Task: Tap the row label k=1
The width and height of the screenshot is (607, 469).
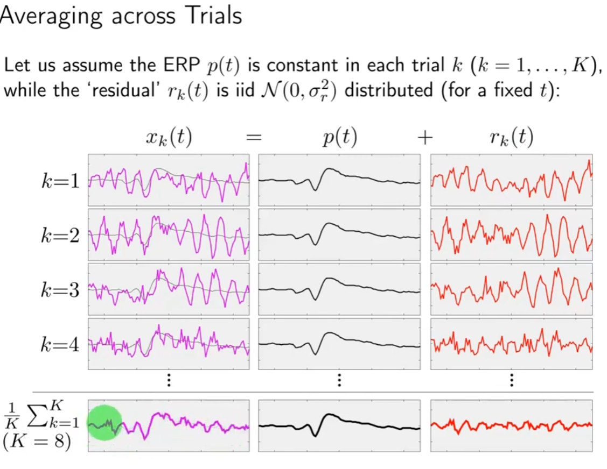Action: pos(60,181)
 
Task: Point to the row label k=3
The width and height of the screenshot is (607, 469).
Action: pos(60,290)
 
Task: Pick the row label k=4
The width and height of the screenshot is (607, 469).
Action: pos(60,345)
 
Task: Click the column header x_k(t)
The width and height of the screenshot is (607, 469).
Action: pos(169,138)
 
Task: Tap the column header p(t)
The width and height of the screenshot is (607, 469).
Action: pos(339,138)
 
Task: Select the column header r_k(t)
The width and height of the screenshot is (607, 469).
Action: pos(511,138)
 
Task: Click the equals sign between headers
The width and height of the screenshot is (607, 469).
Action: pos(254,138)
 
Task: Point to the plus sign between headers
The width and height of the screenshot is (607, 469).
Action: pos(425,138)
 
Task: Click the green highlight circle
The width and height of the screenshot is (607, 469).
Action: pos(104,423)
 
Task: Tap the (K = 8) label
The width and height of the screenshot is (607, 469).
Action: pos(37,444)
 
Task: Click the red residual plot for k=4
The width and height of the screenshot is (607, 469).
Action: pos(511,344)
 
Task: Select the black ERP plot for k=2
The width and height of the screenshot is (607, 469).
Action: pos(339,235)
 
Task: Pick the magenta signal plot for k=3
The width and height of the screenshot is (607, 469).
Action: pos(169,289)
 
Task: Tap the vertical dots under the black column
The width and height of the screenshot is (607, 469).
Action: pos(339,380)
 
